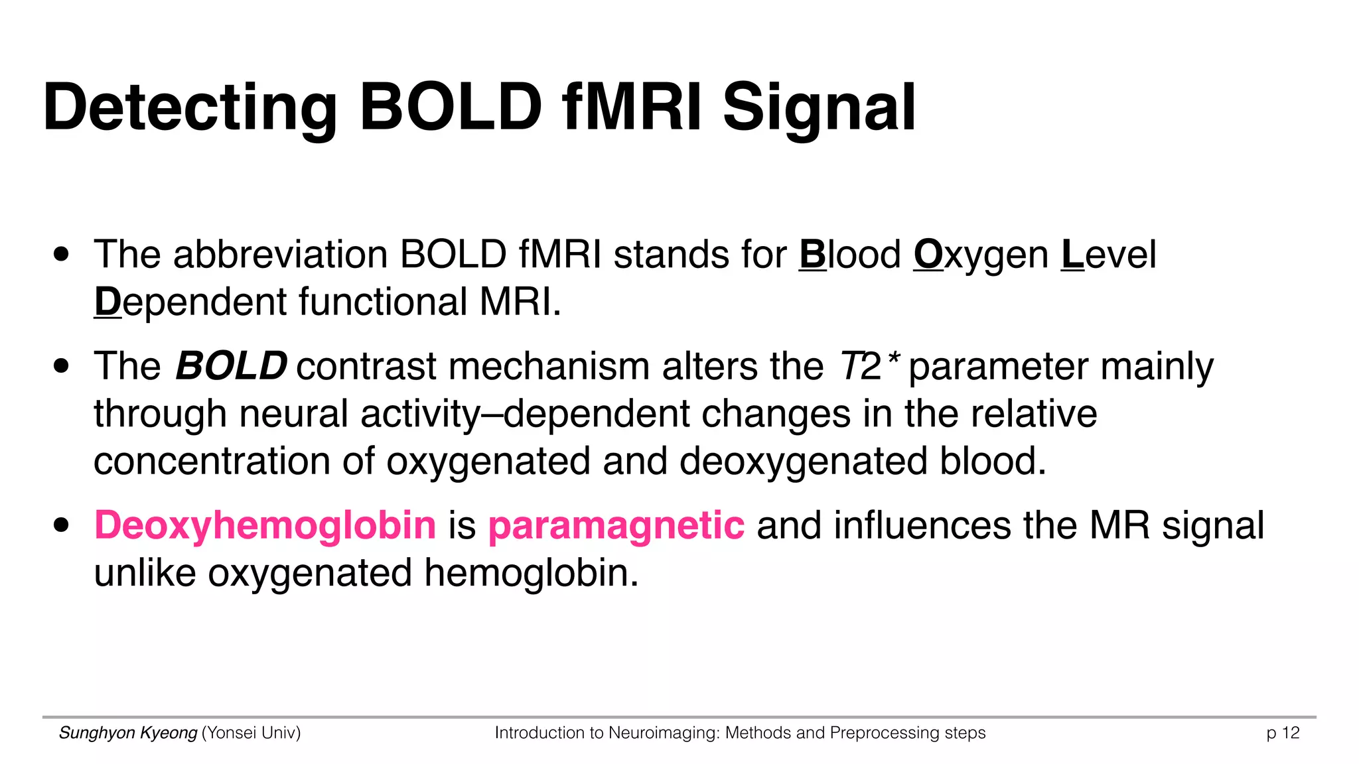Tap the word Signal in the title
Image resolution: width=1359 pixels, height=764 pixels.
pos(819,108)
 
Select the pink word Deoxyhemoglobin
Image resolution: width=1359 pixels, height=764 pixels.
pos(265,525)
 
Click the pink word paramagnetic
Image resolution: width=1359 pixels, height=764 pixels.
pos(616,525)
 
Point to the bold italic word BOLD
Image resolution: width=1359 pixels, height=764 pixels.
pos(231,366)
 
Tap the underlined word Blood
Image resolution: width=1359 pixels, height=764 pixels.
pos(849,255)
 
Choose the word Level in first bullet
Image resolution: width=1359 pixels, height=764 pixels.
pos(1108,255)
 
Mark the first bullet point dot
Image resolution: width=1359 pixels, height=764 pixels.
pos(62,255)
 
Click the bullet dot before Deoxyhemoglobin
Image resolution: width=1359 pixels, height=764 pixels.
pos(62,526)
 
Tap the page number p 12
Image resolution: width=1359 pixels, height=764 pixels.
pos(1282,733)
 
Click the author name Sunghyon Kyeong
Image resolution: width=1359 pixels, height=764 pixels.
pos(128,733)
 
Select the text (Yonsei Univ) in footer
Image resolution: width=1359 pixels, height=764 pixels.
pos(251,733)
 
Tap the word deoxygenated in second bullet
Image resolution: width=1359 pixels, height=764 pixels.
pos(803,462)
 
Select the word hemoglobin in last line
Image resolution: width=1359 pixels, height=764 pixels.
pos(530,573)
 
